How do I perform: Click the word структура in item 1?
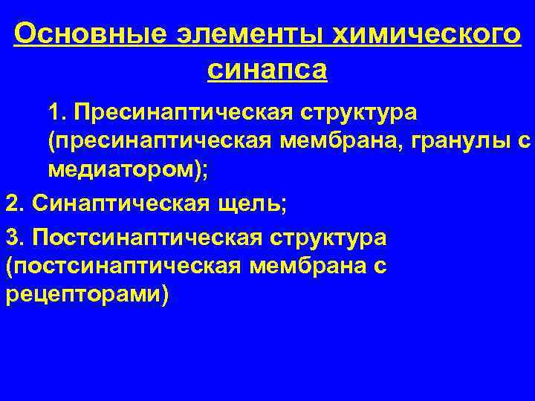360,115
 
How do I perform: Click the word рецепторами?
85,294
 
